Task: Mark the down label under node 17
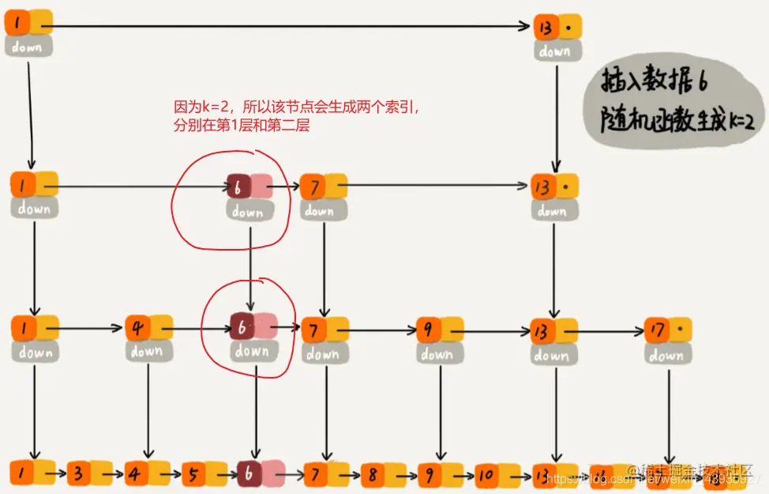click(666, 356)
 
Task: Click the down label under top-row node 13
click(556, 51)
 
